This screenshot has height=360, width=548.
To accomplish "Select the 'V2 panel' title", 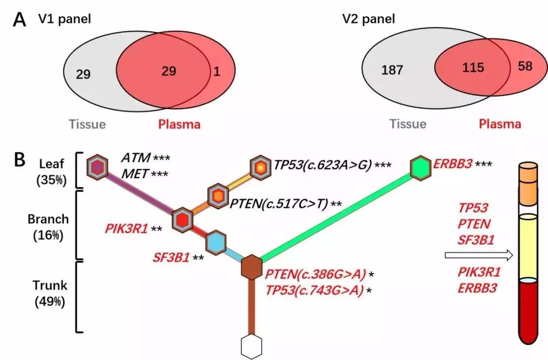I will (368, 20).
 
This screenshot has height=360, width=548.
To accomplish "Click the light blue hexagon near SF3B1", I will (215, 243).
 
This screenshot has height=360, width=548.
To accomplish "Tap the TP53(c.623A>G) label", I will (322, 165).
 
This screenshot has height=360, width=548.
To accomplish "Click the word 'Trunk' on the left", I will (49, 285).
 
